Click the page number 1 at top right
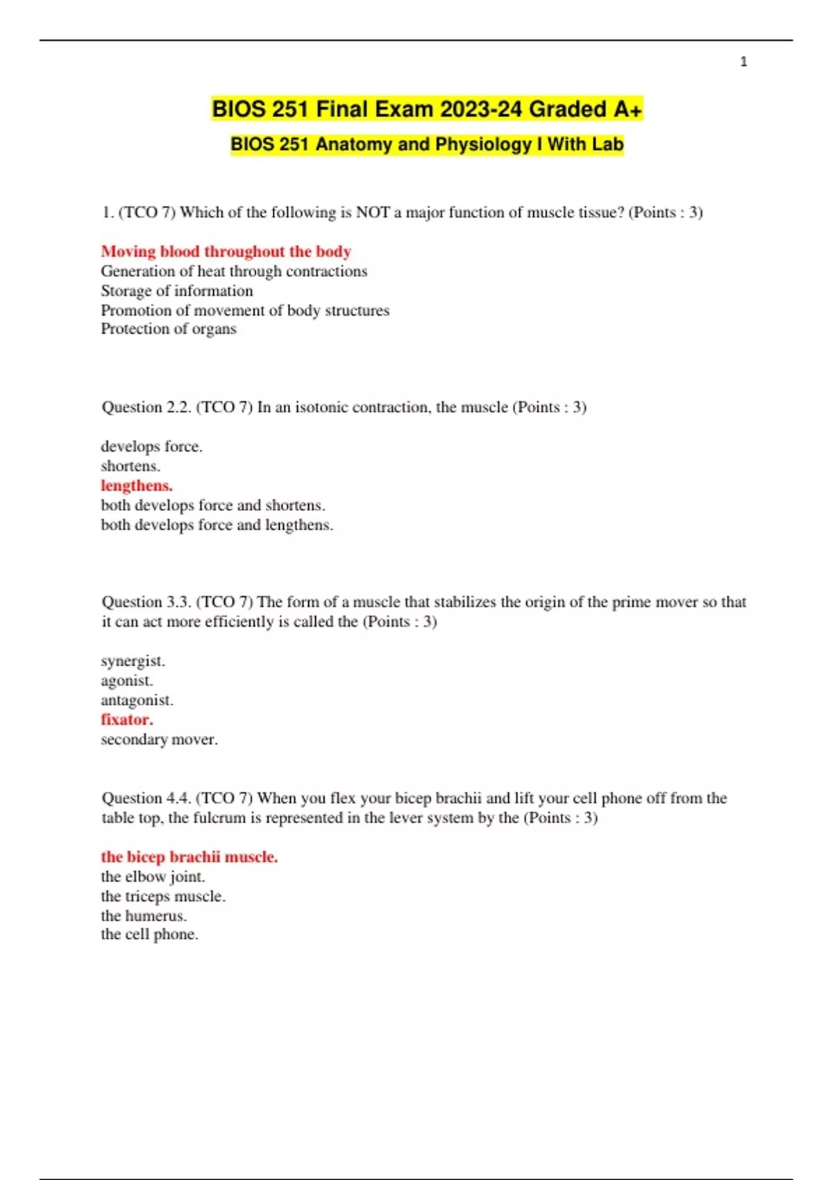point(743,62)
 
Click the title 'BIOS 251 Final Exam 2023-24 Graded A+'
point(427,109)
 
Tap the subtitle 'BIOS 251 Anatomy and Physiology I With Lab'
point(427,144)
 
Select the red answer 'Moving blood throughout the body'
point(226,251)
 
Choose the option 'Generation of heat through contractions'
point(234,271)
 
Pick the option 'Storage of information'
point(176,291)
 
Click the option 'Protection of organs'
point(169,329)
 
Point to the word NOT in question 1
point(372,212)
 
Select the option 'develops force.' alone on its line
point(151,446)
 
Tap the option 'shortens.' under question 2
point(131,466)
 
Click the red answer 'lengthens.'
point(137,486)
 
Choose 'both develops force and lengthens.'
point(217,525)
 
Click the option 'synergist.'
point(133,661)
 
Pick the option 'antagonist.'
point(137,700)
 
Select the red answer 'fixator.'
point(127,720)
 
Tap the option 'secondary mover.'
point(159,740)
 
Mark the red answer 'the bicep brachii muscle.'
point(189,857)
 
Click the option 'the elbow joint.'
point(153,877)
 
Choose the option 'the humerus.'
point(144,916)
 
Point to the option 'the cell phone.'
point(149,935)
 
